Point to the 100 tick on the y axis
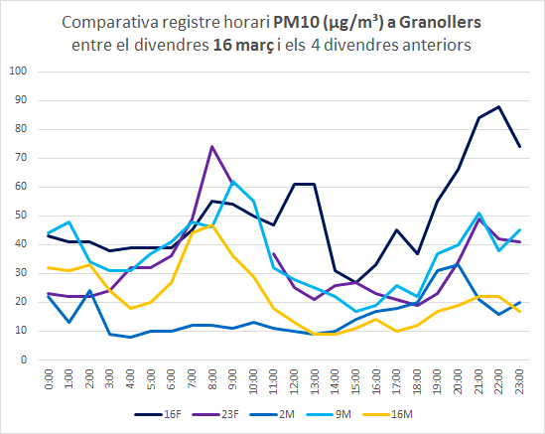21,72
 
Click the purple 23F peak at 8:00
212,147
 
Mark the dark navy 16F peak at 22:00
498,106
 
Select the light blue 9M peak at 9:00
233,182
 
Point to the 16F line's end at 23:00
519,147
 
